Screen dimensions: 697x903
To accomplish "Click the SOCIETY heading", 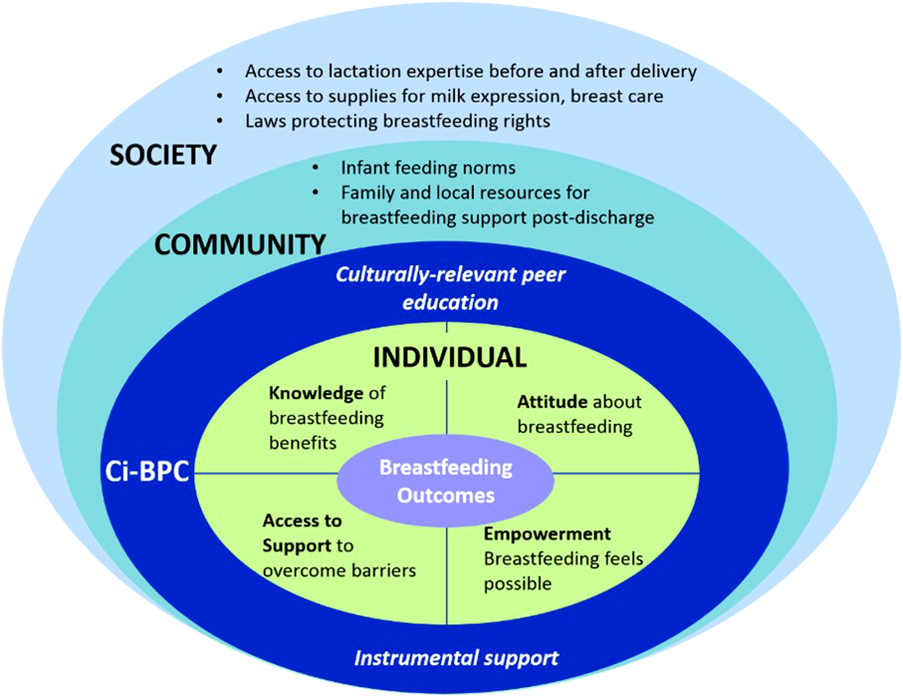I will pyautogui.click(x=163, y=155).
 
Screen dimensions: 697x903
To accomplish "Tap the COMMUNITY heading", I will pyautogui.click(x=240, y=245).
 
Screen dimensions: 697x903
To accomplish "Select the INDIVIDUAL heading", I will pyautogui.click(x=449, y=358).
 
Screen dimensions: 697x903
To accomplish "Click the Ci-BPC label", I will pyautogui.click(x=147, y=471).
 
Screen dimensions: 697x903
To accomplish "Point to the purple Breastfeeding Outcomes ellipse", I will pyautogui.click(x=445, y=481).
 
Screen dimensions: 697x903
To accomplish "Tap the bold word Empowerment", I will pyautogui.click(x=547, y=534).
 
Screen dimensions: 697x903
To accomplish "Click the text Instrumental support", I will pyautogui.click(x=456, y=658).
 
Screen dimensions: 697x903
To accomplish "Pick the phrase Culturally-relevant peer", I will pyautogui.click(x=450, y=275).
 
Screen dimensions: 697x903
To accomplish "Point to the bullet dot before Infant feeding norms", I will pyautogui.click(x=316, y=167).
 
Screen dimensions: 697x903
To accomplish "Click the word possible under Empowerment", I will pyautogui.click(x=518, y=584).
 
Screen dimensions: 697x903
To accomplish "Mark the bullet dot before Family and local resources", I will pyautogui.click(x=316, y=193).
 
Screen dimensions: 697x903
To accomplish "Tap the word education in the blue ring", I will pyautogui.click(x=450, y=303).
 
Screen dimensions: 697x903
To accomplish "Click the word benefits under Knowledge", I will pyautogui.click(x=302, y=443).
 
